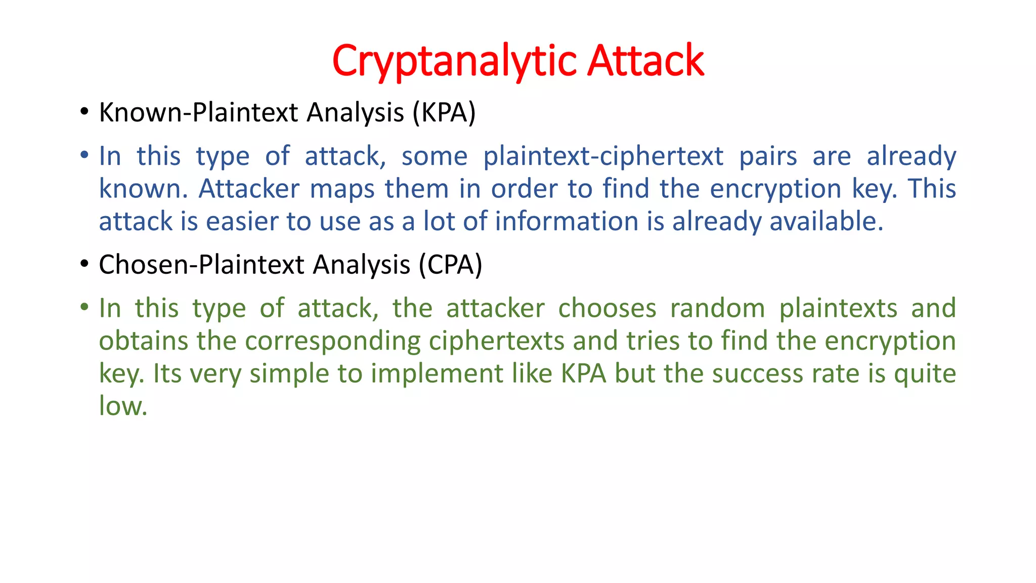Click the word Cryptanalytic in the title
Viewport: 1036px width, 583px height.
[x=455, y=61]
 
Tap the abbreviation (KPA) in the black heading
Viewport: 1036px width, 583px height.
[x=444, y=112]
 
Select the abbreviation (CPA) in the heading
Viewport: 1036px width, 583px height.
[x=450, y=265]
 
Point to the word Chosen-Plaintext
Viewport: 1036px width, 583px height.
[x=202, y=265]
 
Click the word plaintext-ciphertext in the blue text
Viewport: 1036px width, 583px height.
[x=603, y=156]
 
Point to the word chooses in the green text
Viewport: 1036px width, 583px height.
[x=607, y=308]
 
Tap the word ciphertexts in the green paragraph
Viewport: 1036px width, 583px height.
[x=496, y=341]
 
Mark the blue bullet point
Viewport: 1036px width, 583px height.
[x=84, y=154]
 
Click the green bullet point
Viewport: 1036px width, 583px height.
[x=84, y=306]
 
